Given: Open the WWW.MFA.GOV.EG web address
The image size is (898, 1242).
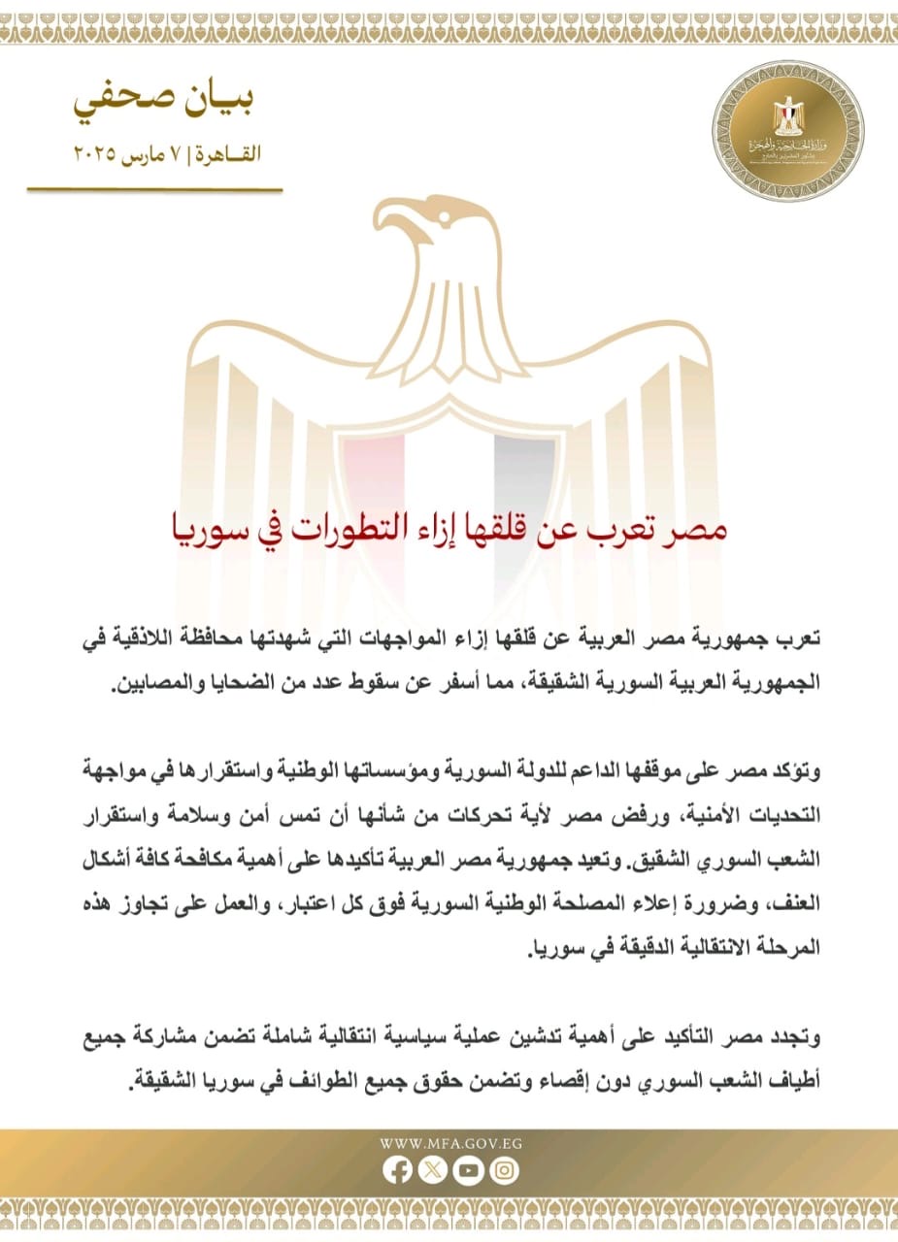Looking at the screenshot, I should pyautogui.click(x=450, y=1142).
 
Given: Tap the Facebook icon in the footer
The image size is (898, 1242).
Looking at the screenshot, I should pyautogui.click(x=397, y=1171).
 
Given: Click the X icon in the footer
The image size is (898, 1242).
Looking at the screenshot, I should pyautogui.click(x=433, y=1171).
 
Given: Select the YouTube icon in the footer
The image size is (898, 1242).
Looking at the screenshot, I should pyautogui.click(x=468, y=1171).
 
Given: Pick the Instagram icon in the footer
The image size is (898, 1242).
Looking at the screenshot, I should pyautogui.click(x=504, y=1171).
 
